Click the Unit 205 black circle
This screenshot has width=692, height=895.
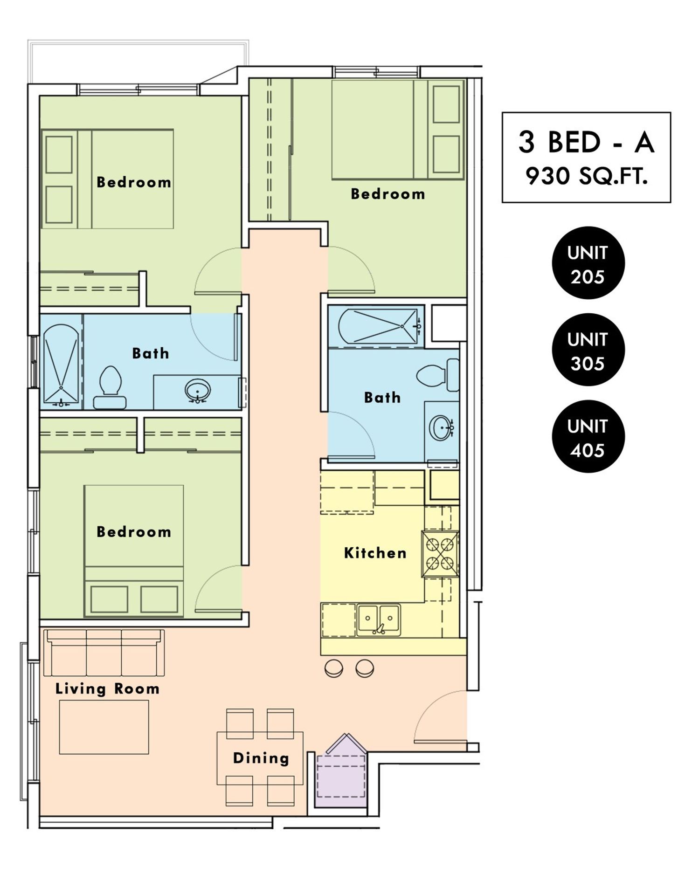point(588,263)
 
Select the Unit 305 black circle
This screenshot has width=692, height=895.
point(588,350)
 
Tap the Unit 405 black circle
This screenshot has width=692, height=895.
point(588,437)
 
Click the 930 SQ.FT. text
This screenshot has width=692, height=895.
point(587,177)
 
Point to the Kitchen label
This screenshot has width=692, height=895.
point(375,553)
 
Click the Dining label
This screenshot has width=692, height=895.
point(261,758)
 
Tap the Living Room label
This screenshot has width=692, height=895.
point(108,689)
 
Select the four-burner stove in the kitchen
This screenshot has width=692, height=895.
point(440,554)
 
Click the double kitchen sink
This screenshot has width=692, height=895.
point(378,620)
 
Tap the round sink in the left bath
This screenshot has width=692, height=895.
point(198,390)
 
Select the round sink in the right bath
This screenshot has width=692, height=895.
point(441,427)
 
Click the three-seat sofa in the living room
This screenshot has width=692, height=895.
point(104,653)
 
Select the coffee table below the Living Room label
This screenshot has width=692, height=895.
point(104,727)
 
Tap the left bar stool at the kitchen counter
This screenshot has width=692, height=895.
point(334,668)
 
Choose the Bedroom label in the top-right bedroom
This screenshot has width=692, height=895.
point(388,194)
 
